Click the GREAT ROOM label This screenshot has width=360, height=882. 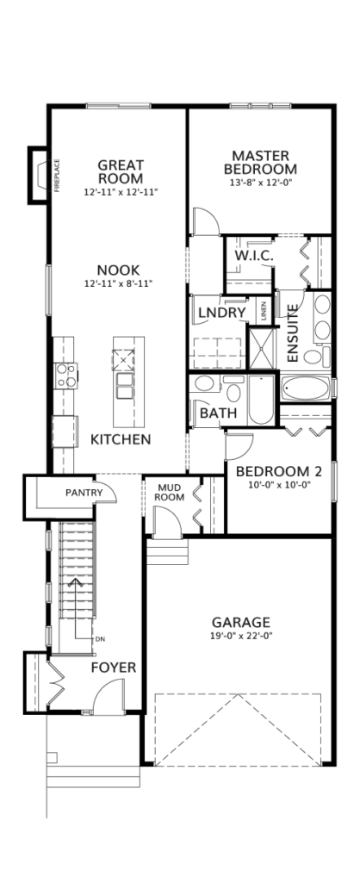point(121,172)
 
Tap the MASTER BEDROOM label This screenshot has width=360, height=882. point(260,162)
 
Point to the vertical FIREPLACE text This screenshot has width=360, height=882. point(57,176)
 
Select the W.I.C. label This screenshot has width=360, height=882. point(254,256)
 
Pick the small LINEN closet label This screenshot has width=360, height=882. point(264,313)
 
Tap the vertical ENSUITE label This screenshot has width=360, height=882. point(292,333)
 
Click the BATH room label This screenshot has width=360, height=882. point(218,413)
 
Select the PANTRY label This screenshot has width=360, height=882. point(84,493)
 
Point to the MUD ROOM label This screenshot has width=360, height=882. point(171,492)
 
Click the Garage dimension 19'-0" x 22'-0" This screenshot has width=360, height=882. point(241,637)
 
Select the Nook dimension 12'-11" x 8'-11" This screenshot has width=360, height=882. point(118,283)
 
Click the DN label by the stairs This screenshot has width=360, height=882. point(100,639)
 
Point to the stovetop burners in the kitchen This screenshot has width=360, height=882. point(65,376)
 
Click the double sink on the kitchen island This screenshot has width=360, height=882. point(124,385)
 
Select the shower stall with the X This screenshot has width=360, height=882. point(263,346)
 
